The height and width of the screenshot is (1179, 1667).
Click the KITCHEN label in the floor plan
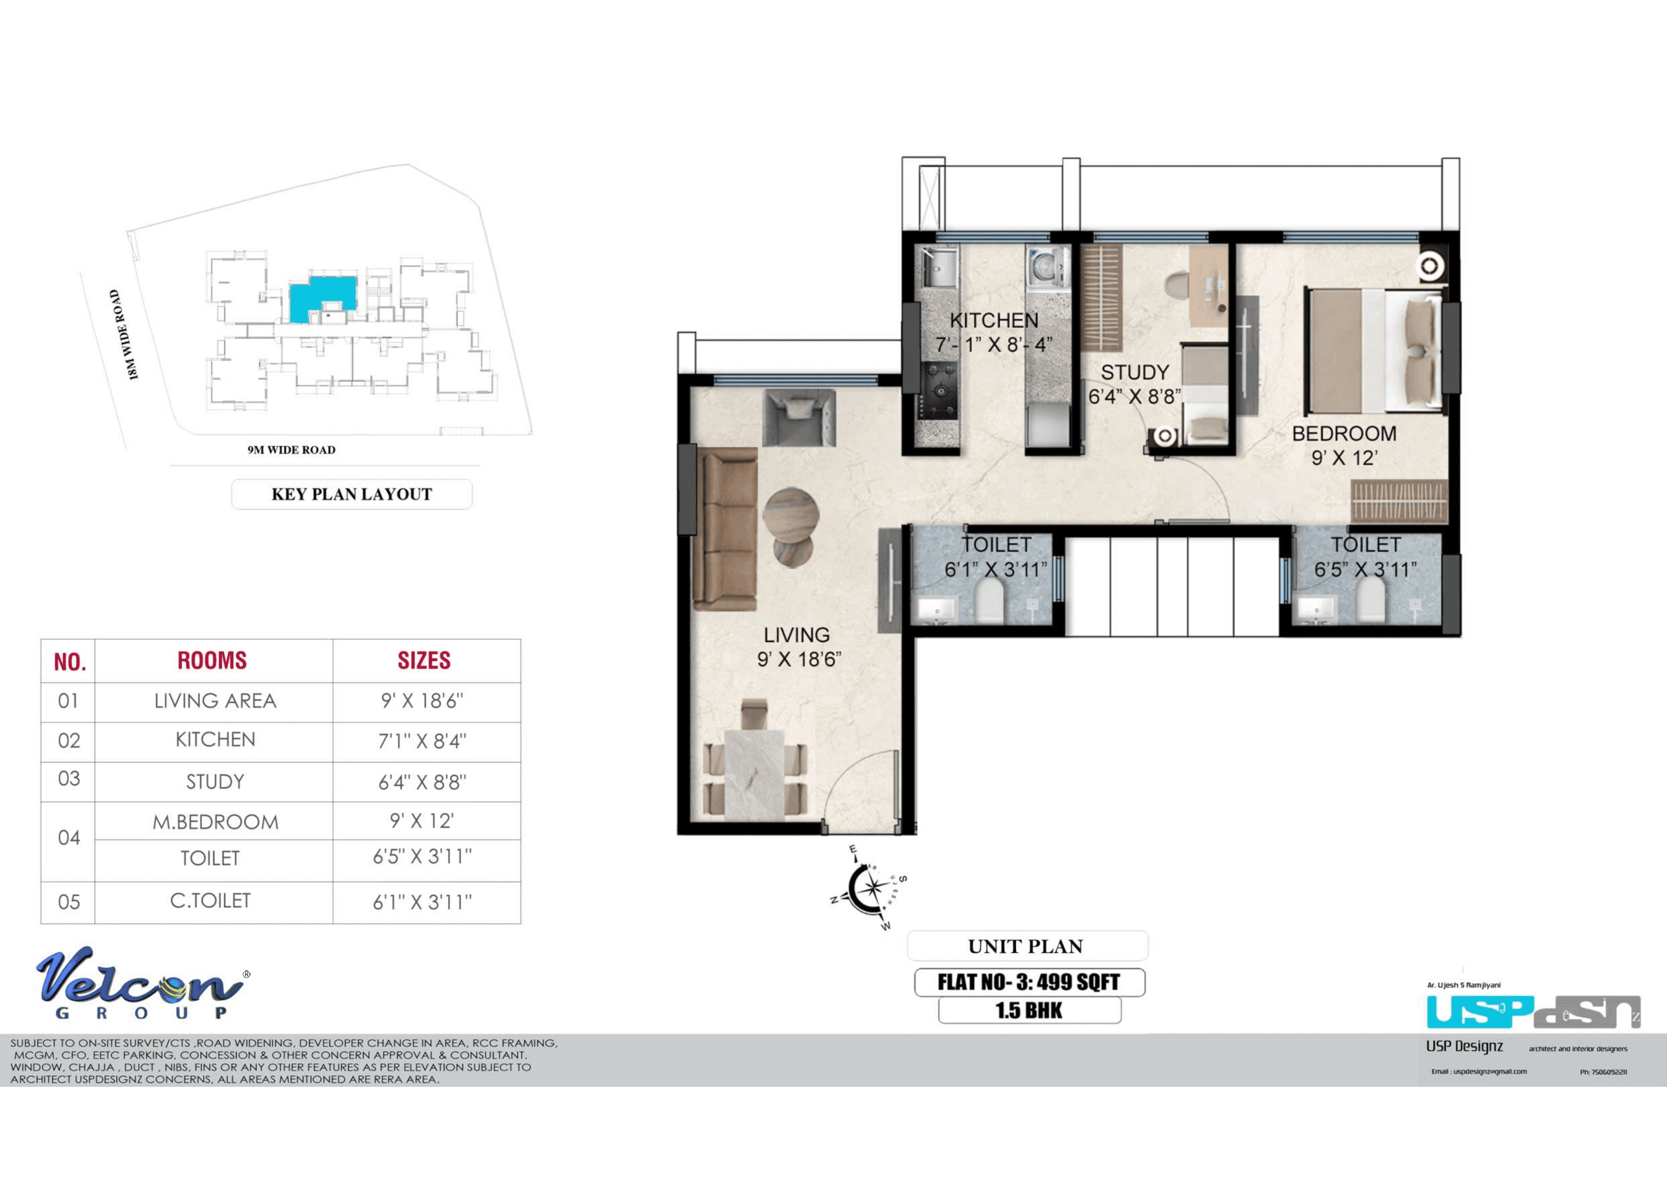coord(994,320)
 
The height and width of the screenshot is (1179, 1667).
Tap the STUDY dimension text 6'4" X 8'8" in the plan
coord(1134,396)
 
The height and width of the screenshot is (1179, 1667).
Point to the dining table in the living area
coord(754,775)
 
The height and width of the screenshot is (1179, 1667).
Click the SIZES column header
coord(424,661)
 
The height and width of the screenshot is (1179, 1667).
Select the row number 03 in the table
coord(69,779)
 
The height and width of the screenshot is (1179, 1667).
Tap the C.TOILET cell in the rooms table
coord(211,901)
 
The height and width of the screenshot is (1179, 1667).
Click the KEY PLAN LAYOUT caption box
coord(352,494)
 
